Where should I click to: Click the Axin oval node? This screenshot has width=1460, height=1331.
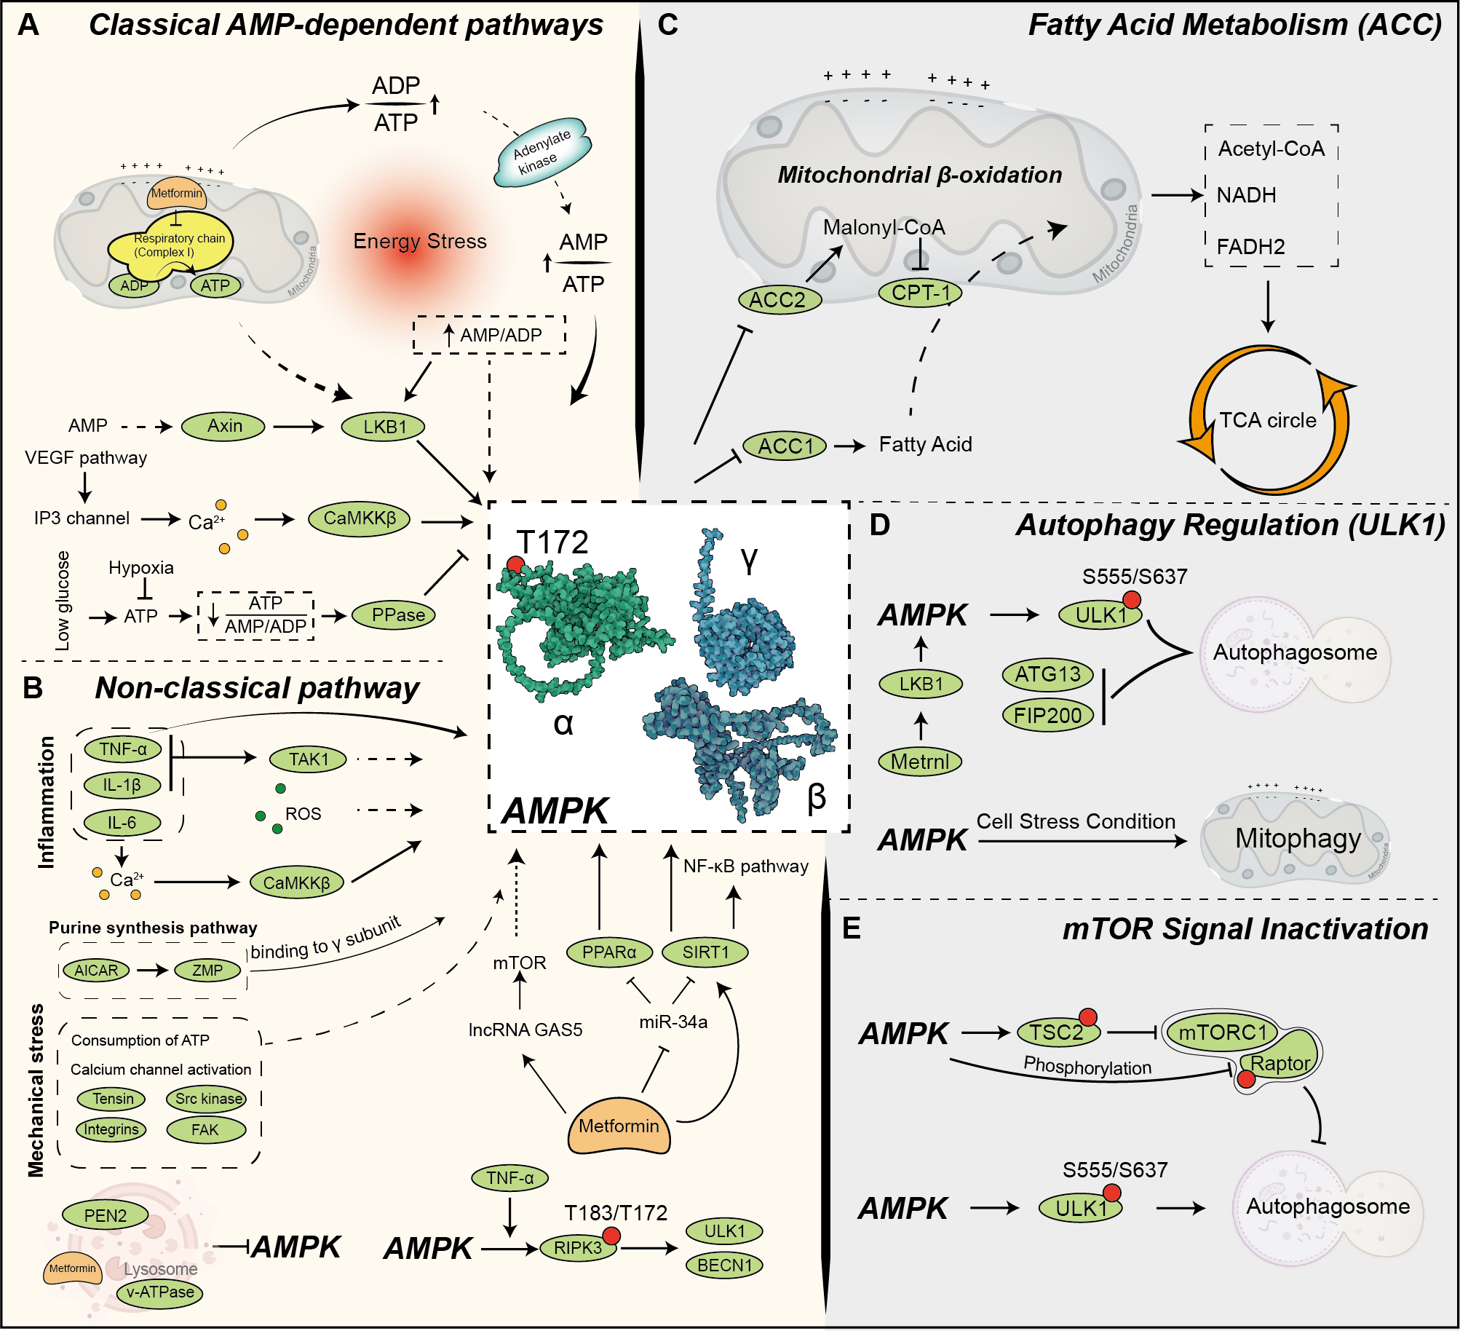[223, 427]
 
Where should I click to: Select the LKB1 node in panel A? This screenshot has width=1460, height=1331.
[384, 427]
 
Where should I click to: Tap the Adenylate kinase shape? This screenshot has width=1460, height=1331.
[542, 151]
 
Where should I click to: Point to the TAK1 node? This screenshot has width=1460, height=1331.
[308, 759]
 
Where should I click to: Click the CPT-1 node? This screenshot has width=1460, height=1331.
[921, 293]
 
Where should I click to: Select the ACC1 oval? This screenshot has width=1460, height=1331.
[785, 446]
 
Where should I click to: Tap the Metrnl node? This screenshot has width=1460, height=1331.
[920, 762]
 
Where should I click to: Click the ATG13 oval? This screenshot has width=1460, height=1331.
[1047, 675]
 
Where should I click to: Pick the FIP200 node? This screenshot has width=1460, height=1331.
[1047, 716]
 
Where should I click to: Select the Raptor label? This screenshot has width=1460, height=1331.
[1280, 1064]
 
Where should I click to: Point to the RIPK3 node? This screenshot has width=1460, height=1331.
[578, 1248]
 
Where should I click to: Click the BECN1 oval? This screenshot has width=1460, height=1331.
[724, 1265]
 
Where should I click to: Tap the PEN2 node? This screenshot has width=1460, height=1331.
[106, 1215]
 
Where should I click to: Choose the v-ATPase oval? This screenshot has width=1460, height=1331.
[160, 1292]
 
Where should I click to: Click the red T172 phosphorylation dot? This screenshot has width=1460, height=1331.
[515, 564]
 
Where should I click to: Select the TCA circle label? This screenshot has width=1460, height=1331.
[1268, 421]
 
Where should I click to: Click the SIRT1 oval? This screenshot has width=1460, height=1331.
[705, 952]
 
